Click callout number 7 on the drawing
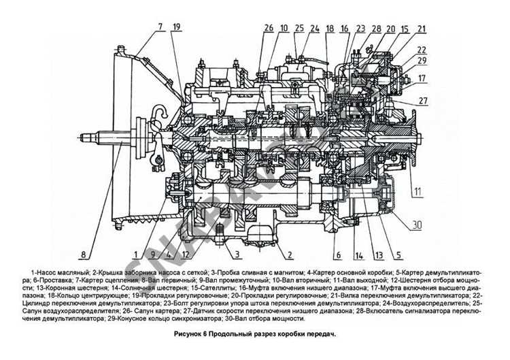(x=160, y=27)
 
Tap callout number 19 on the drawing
(x=177, y=27)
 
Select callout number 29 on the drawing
(x=422, y=61)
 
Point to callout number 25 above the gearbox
(x=299, y=28)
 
